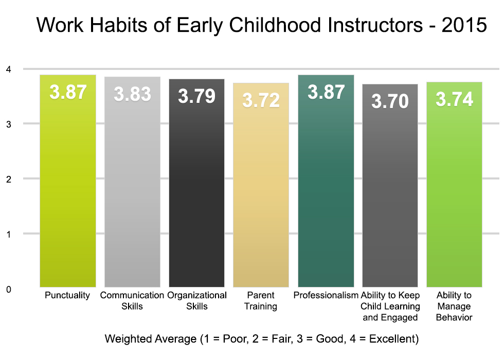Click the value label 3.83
pyautogui.click(x=132, y=95)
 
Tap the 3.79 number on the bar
pyautogui.click(x=196, y=97)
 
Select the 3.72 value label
pyautogui.click(x=261, y=101)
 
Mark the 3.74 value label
pyautogui.click(x=454, y=99)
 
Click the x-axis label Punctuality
pyautogui.click(x=67, y=295)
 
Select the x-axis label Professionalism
pyautogui.click(x=326, y=295)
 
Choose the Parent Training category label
pyautogui.click(x=261, y=301)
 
